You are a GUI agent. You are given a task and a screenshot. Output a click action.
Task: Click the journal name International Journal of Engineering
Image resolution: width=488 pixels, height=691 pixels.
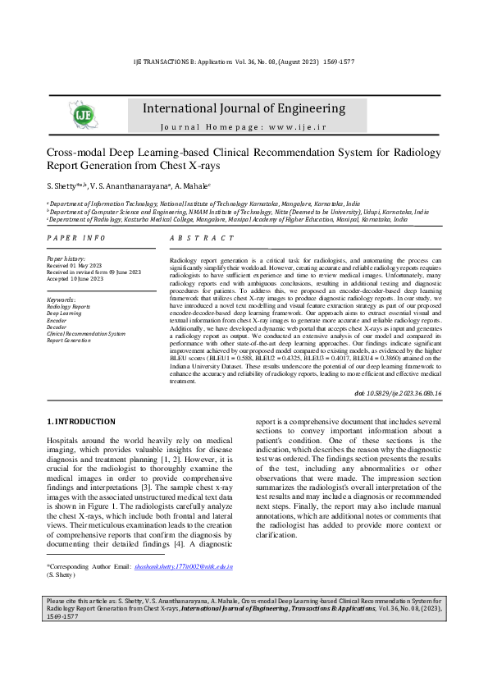tap(244, 108)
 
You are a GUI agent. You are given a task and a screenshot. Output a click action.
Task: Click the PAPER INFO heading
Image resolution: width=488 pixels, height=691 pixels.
tap(75, 237)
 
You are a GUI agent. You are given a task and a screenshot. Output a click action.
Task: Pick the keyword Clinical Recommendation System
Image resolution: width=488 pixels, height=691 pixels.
tap(85, 333)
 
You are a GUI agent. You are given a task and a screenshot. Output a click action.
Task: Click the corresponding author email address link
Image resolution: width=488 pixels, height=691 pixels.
tap(184, 566)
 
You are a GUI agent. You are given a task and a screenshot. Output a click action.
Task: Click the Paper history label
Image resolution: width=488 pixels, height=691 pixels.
tap(65, 259)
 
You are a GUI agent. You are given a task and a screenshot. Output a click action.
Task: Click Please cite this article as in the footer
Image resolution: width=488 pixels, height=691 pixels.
tap(86, 648)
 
